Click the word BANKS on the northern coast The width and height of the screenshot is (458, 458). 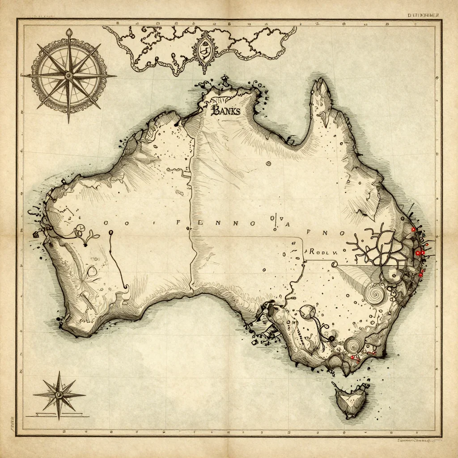coord(226,111)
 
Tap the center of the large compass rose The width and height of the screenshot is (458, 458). coord(68,76)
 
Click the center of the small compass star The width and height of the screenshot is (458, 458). coord(59,394)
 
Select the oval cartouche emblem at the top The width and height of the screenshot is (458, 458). coord(204,50)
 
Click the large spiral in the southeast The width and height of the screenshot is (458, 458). coord(375,294)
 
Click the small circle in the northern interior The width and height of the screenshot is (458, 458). coord(268,164)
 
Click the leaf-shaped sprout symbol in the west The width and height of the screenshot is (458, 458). coord(91,237)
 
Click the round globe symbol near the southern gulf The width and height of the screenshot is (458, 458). coord(308,312)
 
